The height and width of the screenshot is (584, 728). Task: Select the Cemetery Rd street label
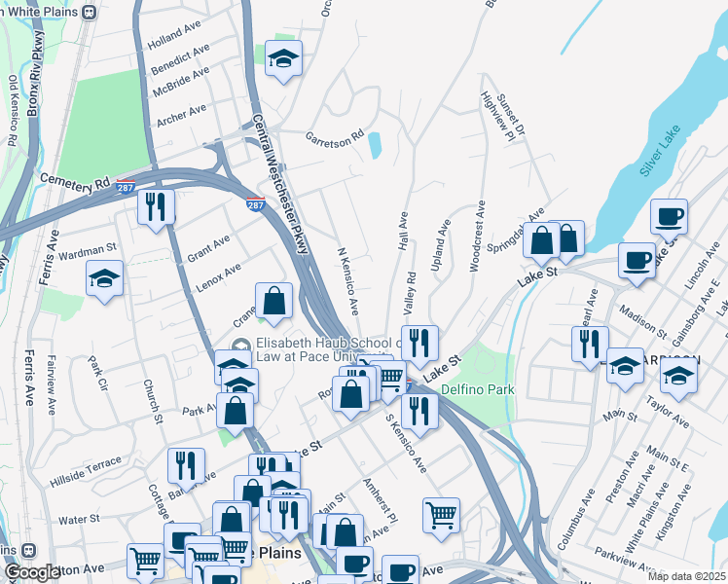pyautogui.click(x=75, y=181)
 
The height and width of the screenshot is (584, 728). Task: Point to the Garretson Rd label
pyautogui.click(x=334, y=136)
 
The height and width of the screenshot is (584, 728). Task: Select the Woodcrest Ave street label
pyautogui.click(x=477, y=237)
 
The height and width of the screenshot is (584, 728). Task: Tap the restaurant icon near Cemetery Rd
pyautogui.click(x=155, y=206)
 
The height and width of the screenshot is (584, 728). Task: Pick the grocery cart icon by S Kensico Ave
pyautogui.click(x=442, y=515)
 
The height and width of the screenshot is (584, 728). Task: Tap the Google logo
pyautogui.click(x=31, y=572)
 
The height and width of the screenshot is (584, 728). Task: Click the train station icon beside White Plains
pyautogui.click(x=90, y=12)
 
